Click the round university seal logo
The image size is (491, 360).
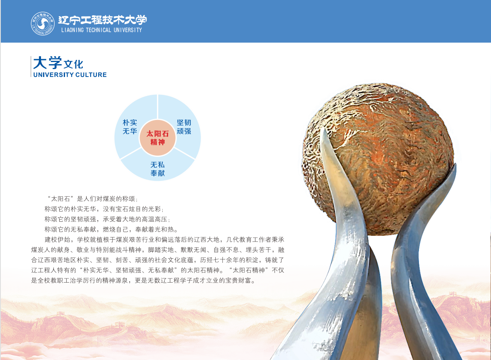pos(43,24)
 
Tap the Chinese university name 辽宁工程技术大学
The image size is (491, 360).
pos(102,20)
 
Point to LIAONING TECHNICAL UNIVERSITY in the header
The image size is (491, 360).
pos(101,30)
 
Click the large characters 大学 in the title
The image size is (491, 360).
pos(47,62)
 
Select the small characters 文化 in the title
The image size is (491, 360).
pos(73,65)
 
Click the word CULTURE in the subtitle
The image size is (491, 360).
pos(91,75)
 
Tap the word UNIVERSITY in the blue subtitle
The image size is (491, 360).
pos(53,75)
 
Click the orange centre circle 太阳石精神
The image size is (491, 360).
pos(157,138)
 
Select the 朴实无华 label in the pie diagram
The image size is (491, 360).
pos(130,127)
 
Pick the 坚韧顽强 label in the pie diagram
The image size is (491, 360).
pos(184,127)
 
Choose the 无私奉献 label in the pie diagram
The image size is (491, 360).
pos(157,169)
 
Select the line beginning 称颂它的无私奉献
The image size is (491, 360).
pos(111,230)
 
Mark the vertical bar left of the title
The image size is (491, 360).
pos(31,66)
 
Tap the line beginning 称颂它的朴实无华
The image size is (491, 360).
pos(104,209)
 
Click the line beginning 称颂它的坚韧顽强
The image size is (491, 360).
pos(107,219)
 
